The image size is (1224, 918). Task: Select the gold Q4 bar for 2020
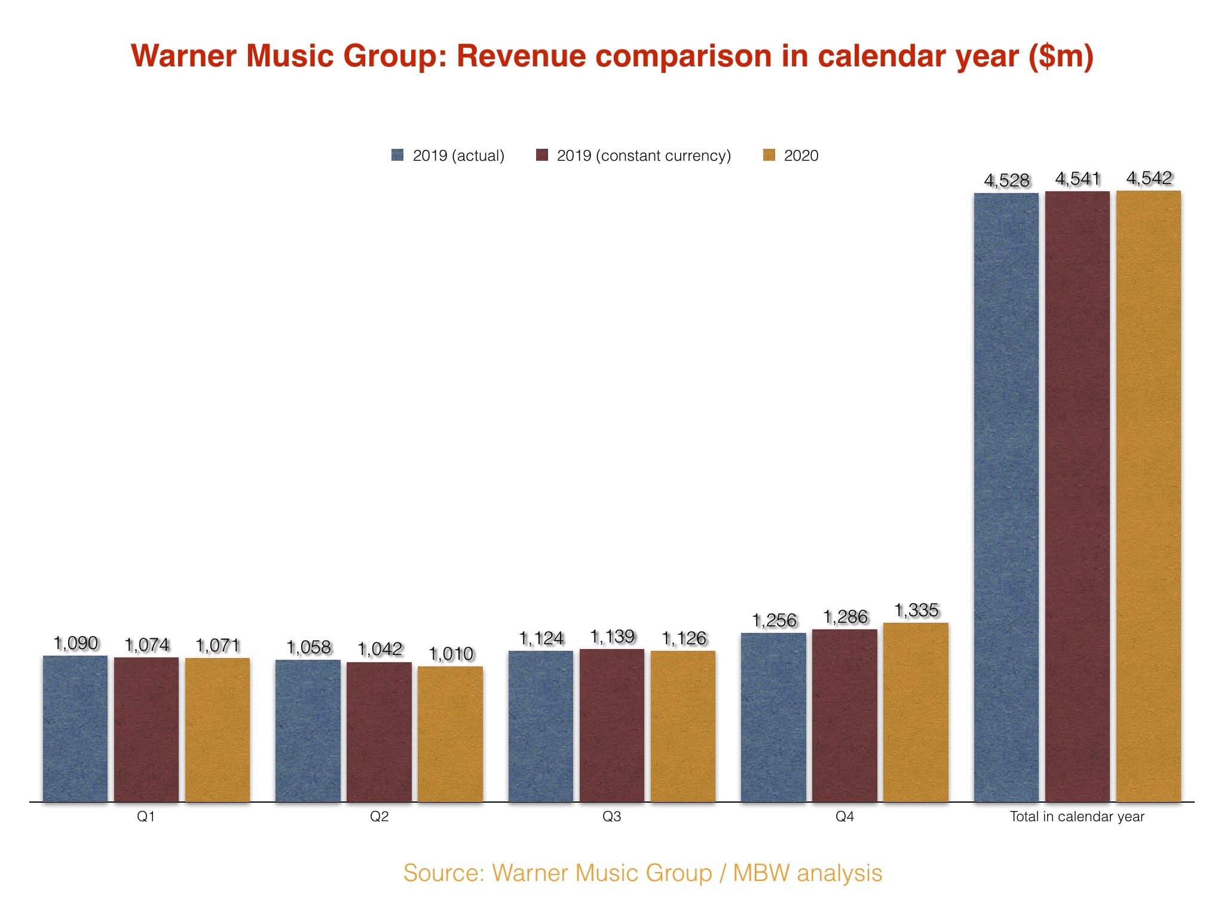[916, 711]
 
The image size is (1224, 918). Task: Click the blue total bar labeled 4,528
[1006, 496]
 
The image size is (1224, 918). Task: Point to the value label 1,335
[916, 610]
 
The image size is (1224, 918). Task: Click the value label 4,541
[1078, 179]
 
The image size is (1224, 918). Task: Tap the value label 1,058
[308, 647]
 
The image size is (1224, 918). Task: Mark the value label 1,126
[684, 638]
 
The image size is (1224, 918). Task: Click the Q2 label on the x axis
[379, 816]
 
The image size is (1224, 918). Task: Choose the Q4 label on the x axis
[844, 816]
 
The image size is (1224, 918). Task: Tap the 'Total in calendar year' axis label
[1077, 816]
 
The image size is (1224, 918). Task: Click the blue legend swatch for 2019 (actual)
[397, 155]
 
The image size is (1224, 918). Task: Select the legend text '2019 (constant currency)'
[644, 155]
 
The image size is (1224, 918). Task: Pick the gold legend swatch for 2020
[769, 155]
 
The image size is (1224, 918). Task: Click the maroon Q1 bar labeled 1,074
[146, 729]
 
